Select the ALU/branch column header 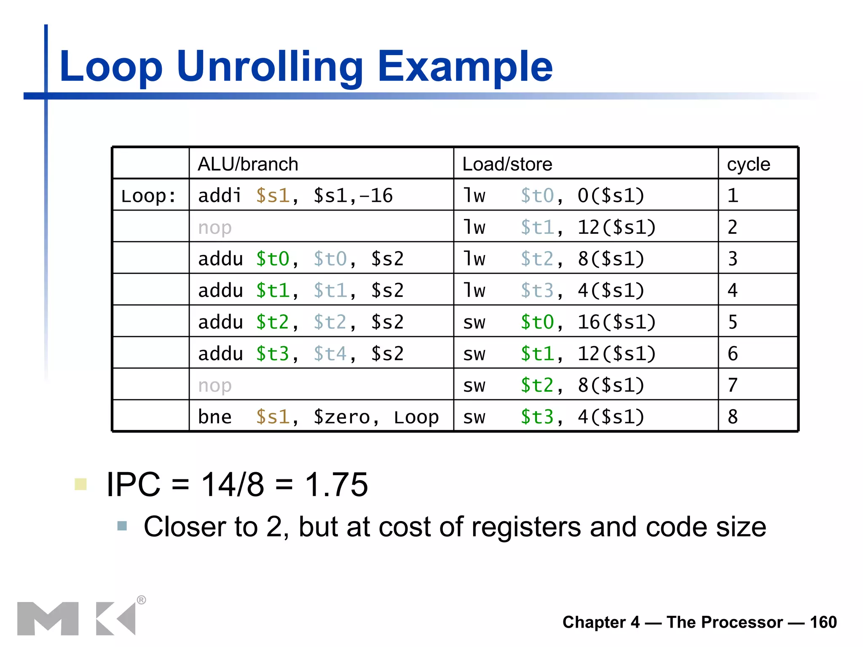248,164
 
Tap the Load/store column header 507,164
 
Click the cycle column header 748,164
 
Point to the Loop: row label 148,196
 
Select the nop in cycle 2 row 215,227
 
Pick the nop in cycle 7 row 215,385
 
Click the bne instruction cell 318,417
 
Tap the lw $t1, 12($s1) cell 559,227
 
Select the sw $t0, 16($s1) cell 559,322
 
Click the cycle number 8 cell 733,417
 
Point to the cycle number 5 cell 733,322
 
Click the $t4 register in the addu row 330,354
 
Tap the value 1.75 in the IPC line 336,484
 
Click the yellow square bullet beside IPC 80,484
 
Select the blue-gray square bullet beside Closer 122,526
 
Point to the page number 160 823,622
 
